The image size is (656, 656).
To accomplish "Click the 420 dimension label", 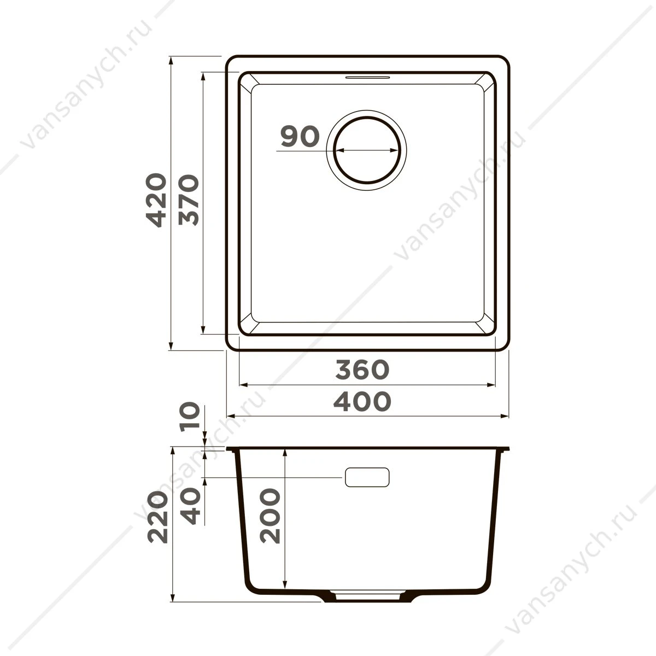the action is coord(156,200).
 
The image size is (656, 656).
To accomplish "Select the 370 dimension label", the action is coord(189,200).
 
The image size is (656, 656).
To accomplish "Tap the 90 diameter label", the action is coord(300,137).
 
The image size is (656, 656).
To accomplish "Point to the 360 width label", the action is coord(362,370).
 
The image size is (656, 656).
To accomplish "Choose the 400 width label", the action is coord(362,401).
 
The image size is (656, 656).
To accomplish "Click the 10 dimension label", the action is coord(190,417).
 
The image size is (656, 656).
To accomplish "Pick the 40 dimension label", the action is coord(190,506).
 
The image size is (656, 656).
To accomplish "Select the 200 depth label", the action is coord(270,516).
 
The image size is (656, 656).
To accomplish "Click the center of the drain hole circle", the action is coord(367,150).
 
